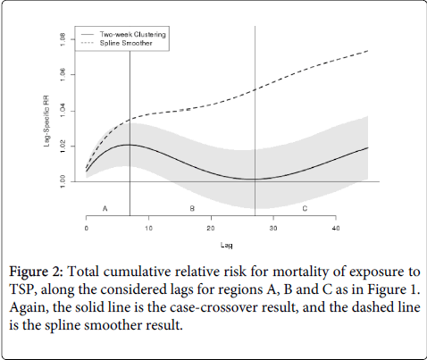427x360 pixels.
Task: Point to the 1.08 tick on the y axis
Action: click(63, 39)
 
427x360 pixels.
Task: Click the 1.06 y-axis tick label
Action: click(63, 75)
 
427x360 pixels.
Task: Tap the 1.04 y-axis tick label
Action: click(63, 111)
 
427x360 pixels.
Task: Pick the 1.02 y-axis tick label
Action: click(63, 147)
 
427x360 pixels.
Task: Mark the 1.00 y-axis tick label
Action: click(63, 181)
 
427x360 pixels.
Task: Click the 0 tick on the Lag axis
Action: click(87, 229)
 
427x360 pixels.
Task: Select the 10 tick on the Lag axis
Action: click(149, 229)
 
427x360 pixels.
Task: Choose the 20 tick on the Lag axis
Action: click(211, 229)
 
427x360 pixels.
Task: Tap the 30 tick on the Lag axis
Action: click(273, 229)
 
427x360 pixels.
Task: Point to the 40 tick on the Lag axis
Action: click(336, 229)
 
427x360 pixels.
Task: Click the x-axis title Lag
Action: click(227, 246)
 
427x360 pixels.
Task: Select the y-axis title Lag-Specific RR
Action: click(46, 121)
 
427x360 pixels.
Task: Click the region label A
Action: click(105, 208)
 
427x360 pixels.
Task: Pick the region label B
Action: click(192, 208)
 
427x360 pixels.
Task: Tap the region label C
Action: click(305, 208)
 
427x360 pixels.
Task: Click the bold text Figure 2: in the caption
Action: click(37, 272)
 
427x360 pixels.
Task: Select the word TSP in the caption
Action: click(21, 289)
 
